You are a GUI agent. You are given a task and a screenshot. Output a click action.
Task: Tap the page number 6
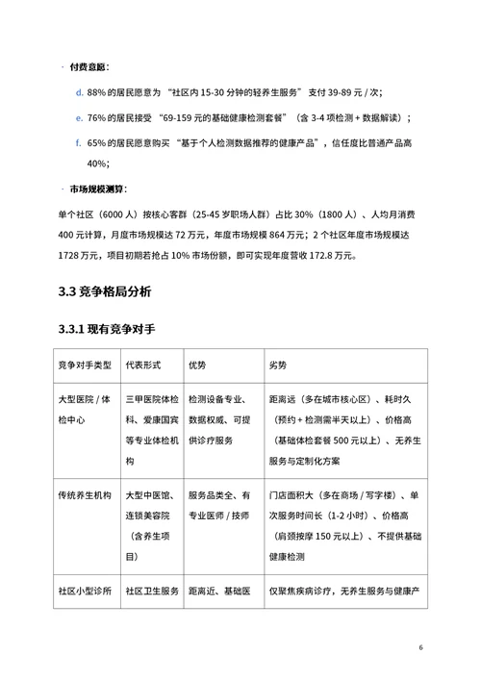tap(420, 646)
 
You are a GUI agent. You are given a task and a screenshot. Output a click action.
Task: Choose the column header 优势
tap(197, 365)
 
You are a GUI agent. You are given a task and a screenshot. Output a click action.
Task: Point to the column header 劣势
tap(278, 365)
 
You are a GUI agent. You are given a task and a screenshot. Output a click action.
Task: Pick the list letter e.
tap(79, 117)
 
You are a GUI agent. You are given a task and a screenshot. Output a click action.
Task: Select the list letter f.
tap(78, 142)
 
